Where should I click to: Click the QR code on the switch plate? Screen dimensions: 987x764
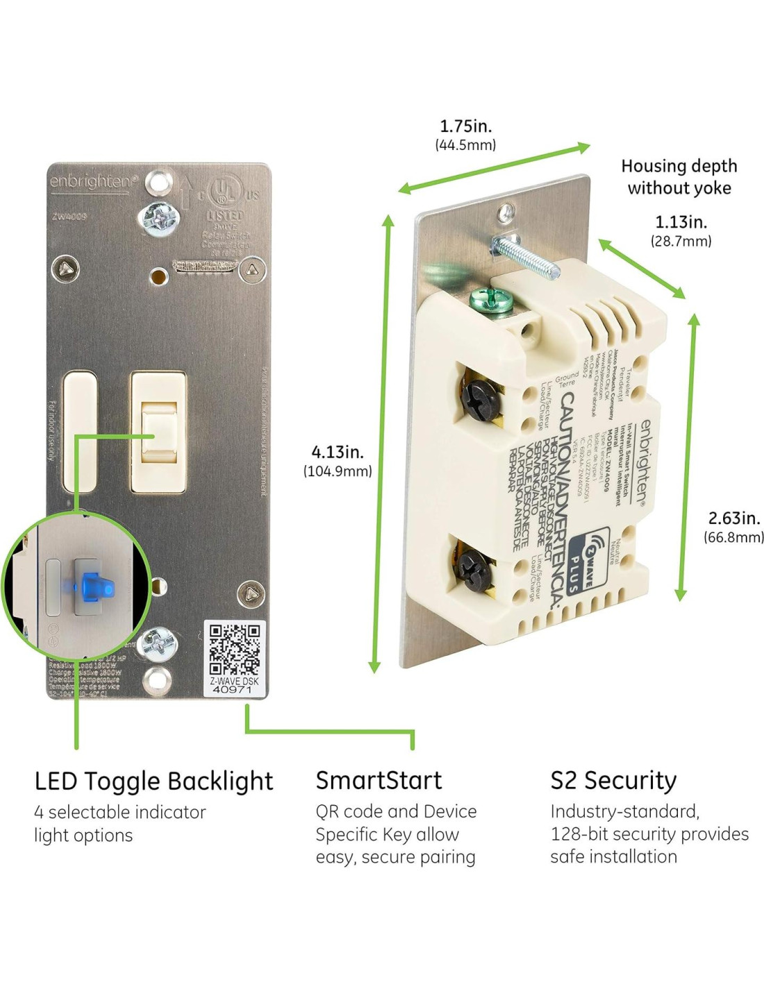[x=235, y=649]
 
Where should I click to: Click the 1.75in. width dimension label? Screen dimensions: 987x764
[x=465, y=127]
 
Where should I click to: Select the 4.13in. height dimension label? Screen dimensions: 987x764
[x=337, y=452]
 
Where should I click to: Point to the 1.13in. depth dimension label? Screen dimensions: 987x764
[x=681, y=222]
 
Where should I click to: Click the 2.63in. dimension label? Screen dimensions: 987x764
[x=733, y=518]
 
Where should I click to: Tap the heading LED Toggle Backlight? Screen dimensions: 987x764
[x=153, y=781]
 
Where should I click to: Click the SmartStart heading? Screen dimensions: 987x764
[x=379, y=780]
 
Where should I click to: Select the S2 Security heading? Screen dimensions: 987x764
[x=613, y=780]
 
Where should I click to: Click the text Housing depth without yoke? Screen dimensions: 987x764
[x=679, y=177]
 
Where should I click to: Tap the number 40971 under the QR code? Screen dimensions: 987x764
[x=233, y=690]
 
